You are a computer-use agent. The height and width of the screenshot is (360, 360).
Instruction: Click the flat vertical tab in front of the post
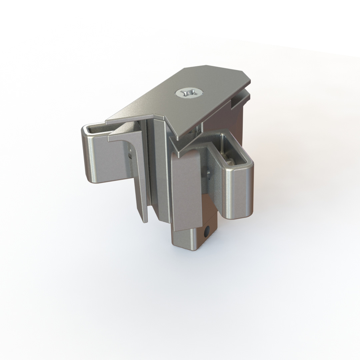[x=186, y=190]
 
